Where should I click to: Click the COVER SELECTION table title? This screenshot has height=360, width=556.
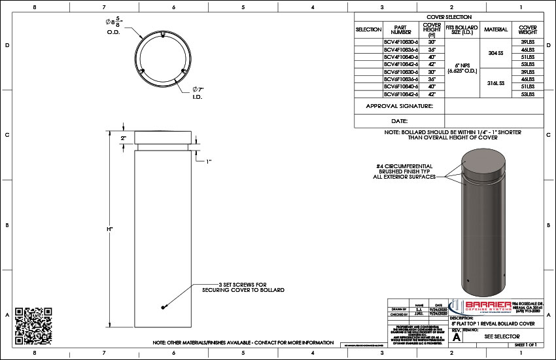pos(449,17)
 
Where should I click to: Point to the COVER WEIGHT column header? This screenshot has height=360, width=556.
pos(527,29)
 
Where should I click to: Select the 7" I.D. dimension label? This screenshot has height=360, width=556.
pos(197,92)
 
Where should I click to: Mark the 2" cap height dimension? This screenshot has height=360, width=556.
pos(123,139)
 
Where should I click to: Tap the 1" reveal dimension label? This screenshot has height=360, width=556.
pos(210,160)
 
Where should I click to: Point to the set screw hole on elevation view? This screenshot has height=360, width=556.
pos(162,307)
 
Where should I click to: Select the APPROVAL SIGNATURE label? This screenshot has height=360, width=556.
pos(399,105)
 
